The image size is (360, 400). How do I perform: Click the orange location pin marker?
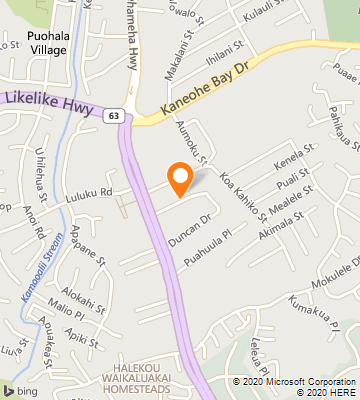(x=180, y=177)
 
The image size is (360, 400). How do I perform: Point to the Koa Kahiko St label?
(x=243, y=196)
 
